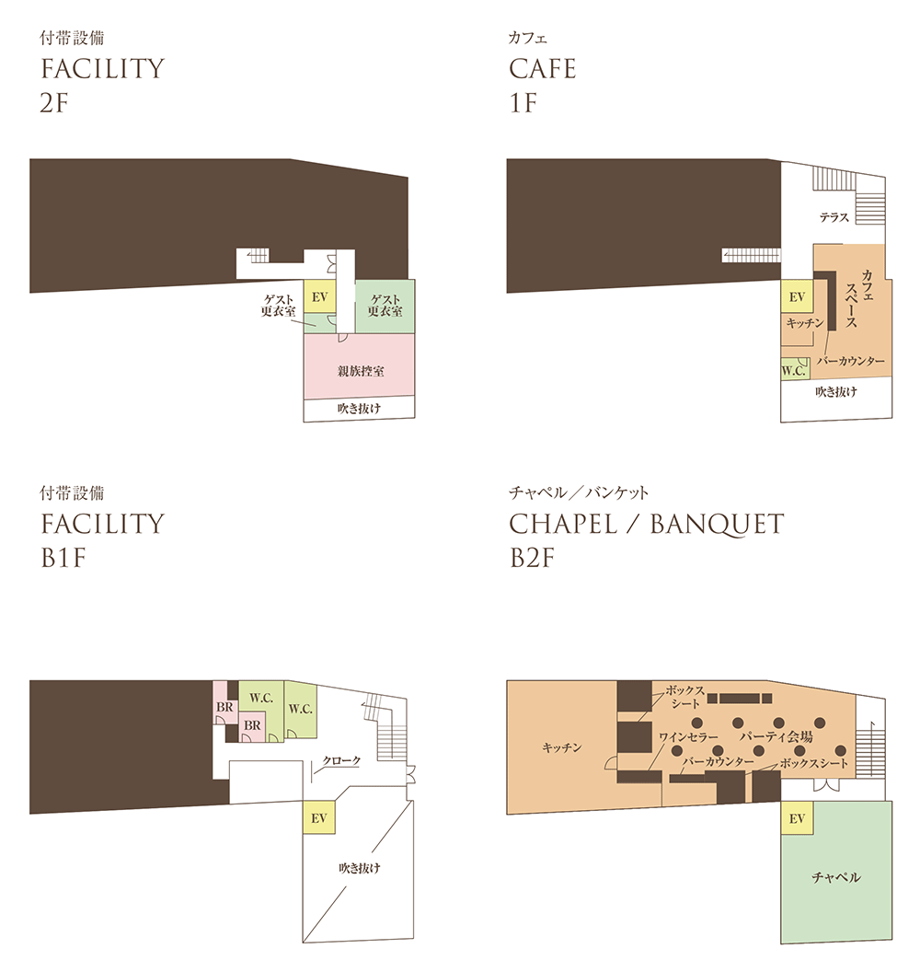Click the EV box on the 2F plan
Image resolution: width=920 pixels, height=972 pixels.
click(x=319, y=297)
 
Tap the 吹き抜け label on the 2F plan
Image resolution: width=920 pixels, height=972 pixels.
click(x=360, y=409)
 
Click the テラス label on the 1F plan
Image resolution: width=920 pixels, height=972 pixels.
click(x=834, y=217)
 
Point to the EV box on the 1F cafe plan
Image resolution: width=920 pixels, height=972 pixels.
click(x=797, y=297)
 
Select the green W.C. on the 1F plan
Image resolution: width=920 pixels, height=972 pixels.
click(x=794, y=369)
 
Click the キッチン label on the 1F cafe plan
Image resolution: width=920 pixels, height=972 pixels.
click(x=805, y=323)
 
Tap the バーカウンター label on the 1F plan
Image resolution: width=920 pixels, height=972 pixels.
click(x=851, y=361)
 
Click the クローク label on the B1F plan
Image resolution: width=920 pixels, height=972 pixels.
click(x=341, y=760)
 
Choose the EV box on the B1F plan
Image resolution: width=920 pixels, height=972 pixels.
click(x=318, y=817)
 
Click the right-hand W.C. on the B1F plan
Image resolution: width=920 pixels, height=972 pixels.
click(x=301, y=709)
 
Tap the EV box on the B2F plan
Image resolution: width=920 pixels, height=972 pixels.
click(x=797, y=818)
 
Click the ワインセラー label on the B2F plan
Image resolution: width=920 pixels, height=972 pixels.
click(x=688, y=737)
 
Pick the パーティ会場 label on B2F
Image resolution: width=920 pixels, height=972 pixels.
click(x=776, y=736)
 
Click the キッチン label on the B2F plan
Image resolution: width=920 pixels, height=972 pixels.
click(x=562, y=747)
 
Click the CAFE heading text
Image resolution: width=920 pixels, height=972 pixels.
click(x=543, y=68)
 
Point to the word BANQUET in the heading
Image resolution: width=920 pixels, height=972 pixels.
click(x=717, y=525)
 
